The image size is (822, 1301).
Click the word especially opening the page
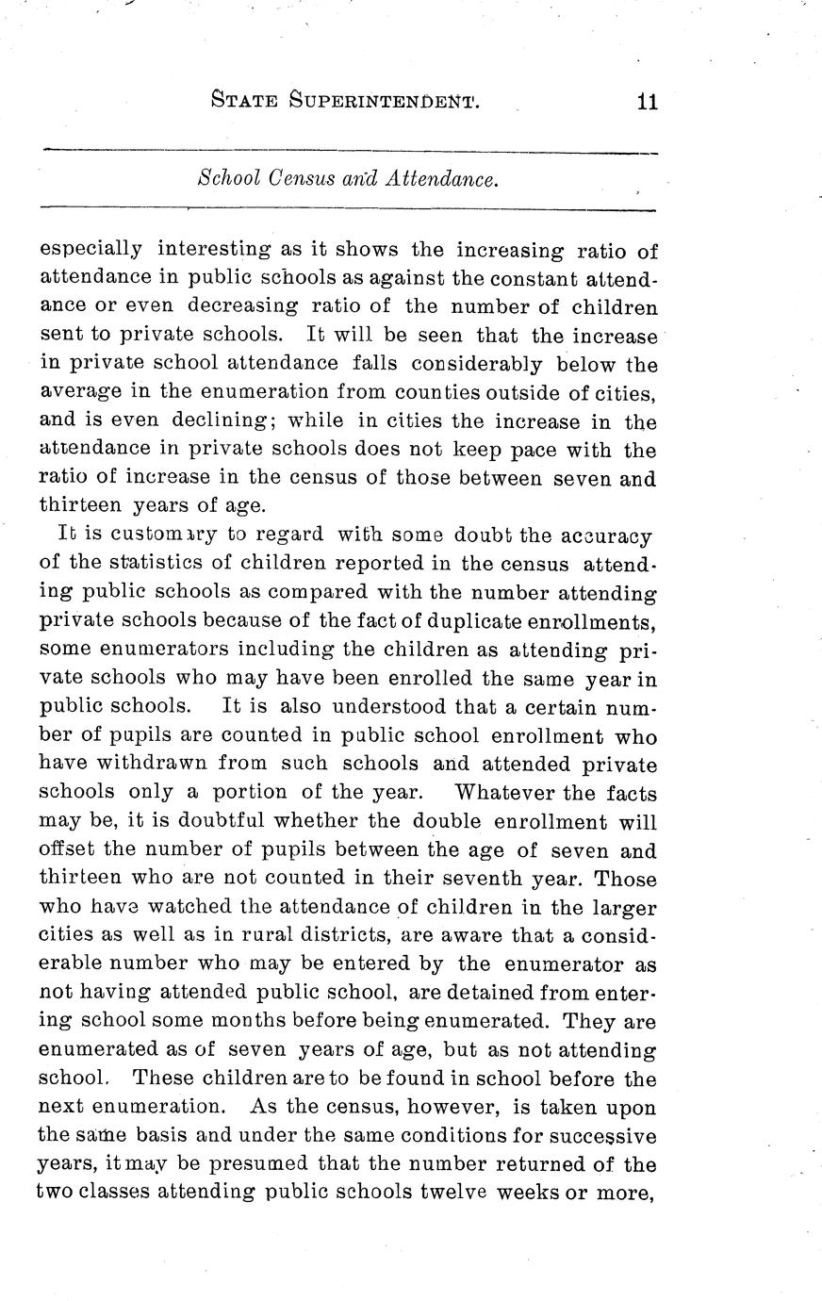click(90, 250)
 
